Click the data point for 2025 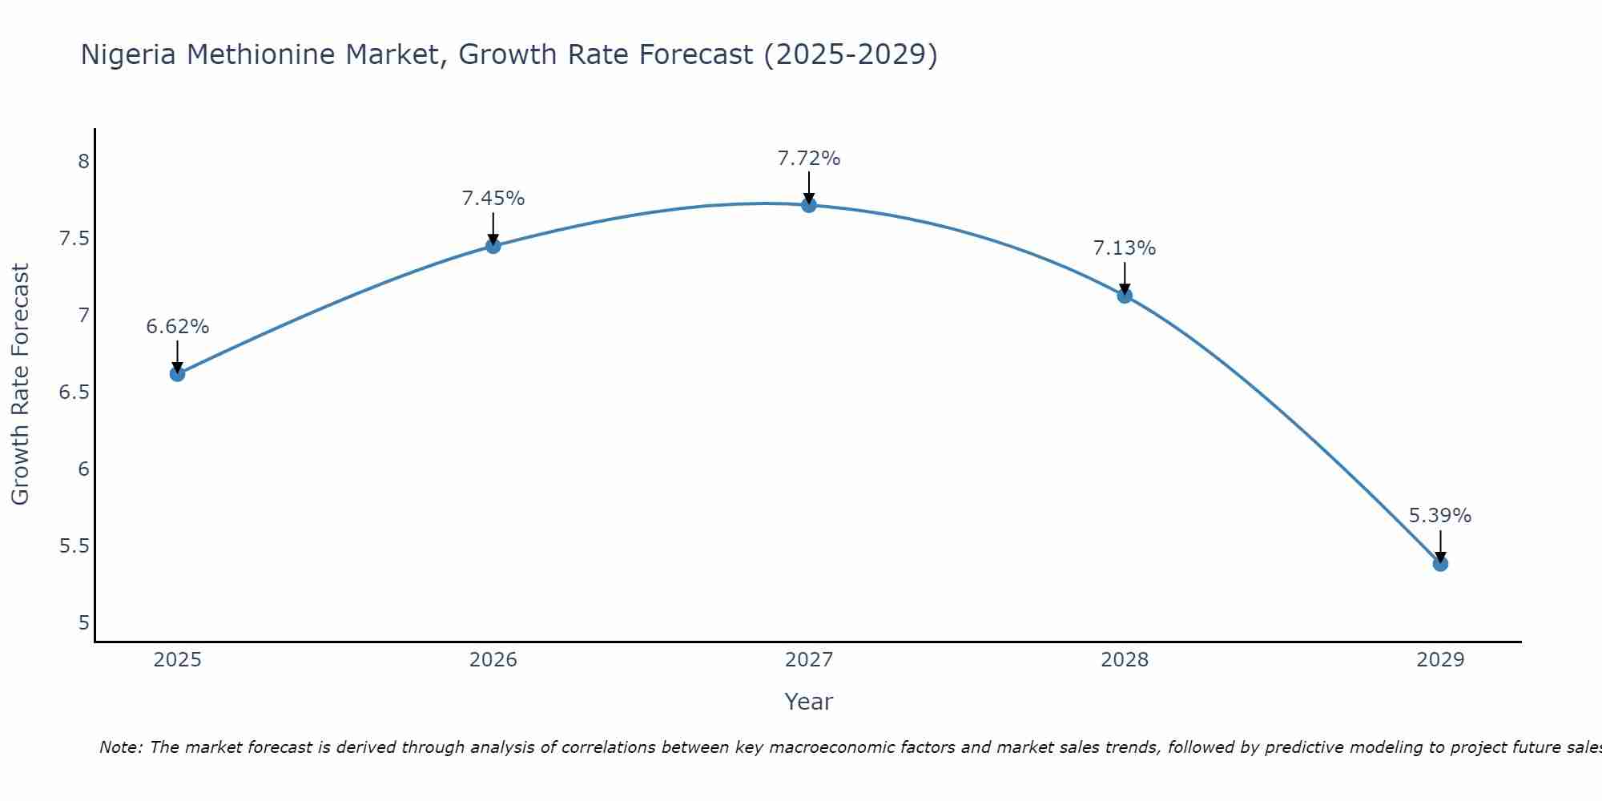[x=178, y=374]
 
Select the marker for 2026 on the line [x=493, y=246]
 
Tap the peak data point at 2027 [x=809, y=205]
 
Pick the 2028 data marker [x=1125, y=296]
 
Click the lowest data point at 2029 [x=1440, y=564]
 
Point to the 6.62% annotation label [x=178, y=327]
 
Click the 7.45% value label [x=493, y=199]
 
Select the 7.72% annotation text [x=809, y=159]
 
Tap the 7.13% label [x=1125, y=248]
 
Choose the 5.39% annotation [x=1440, y=516]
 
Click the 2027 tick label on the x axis [x=809, y=660]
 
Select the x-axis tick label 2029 [x=1440, y=660]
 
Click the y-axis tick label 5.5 [x=74, y=546]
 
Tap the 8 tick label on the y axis [x=83, y=162]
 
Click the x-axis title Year [x=809, y=702]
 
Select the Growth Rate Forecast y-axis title [x=20, y=384]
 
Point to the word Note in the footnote [x=120, y=747]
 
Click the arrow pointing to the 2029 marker [x=1440, y=546]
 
